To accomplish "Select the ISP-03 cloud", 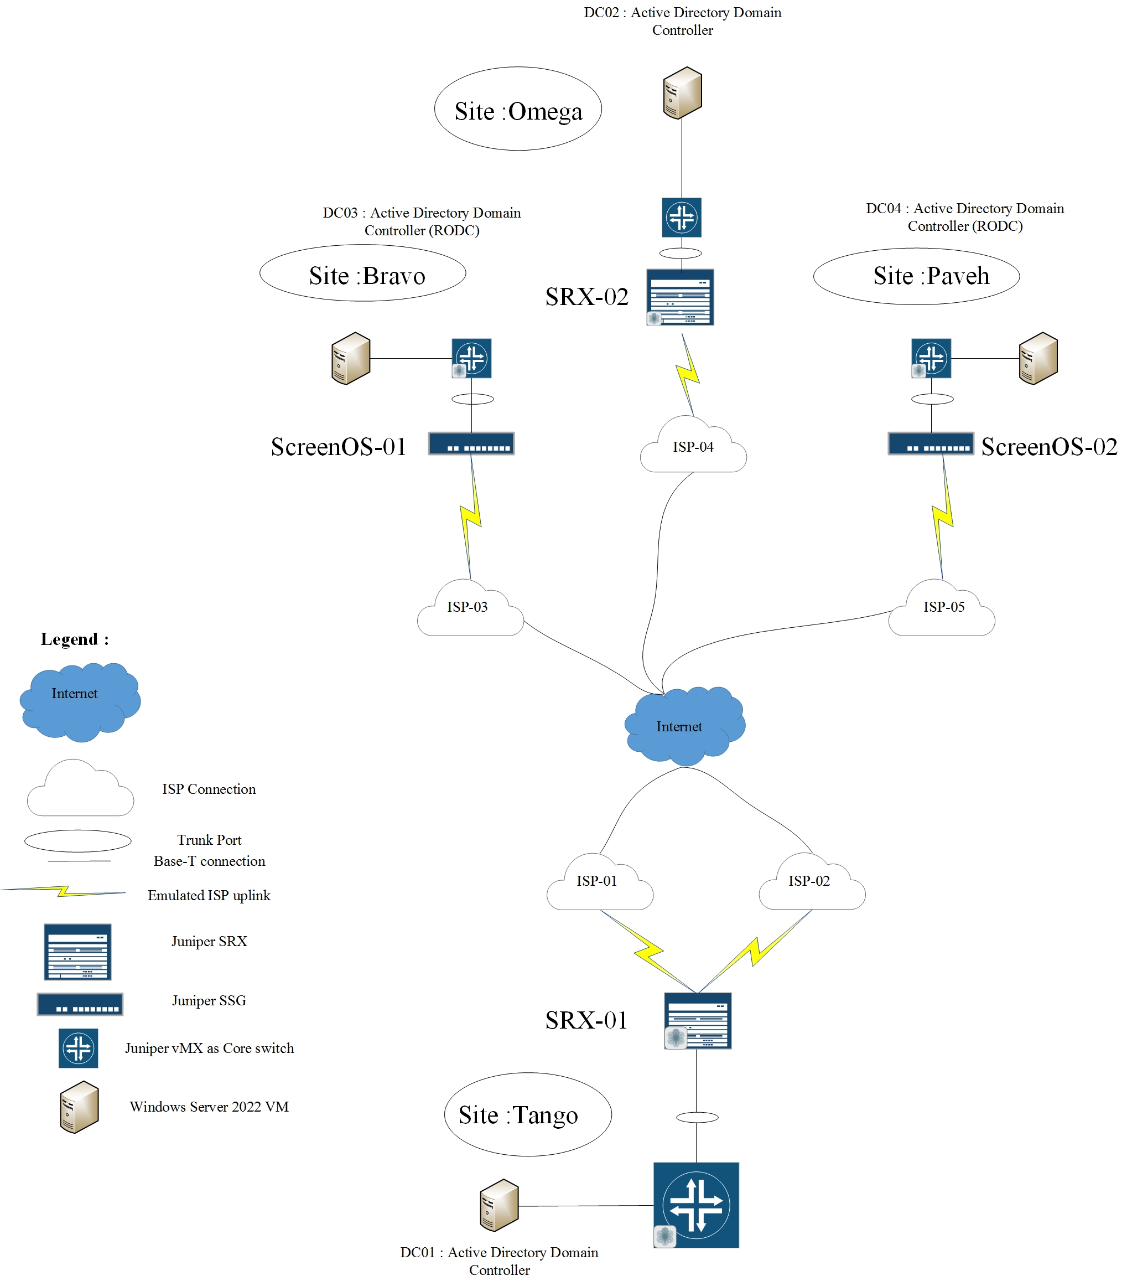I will point(470,611).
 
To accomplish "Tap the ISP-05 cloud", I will point(942,611).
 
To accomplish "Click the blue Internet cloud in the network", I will point(684,727).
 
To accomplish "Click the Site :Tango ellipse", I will point(527,1114).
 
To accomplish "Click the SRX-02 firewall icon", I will point(680,297).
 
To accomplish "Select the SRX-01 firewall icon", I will point(698,1020).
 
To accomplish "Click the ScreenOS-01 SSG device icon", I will point(471,443).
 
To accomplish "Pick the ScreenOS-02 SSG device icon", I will point(930,443).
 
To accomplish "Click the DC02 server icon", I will point(682,92).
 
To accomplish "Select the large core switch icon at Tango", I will point(695,1205).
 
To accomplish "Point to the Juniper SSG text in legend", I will point(209,1001).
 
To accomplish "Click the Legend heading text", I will point(74,640).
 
